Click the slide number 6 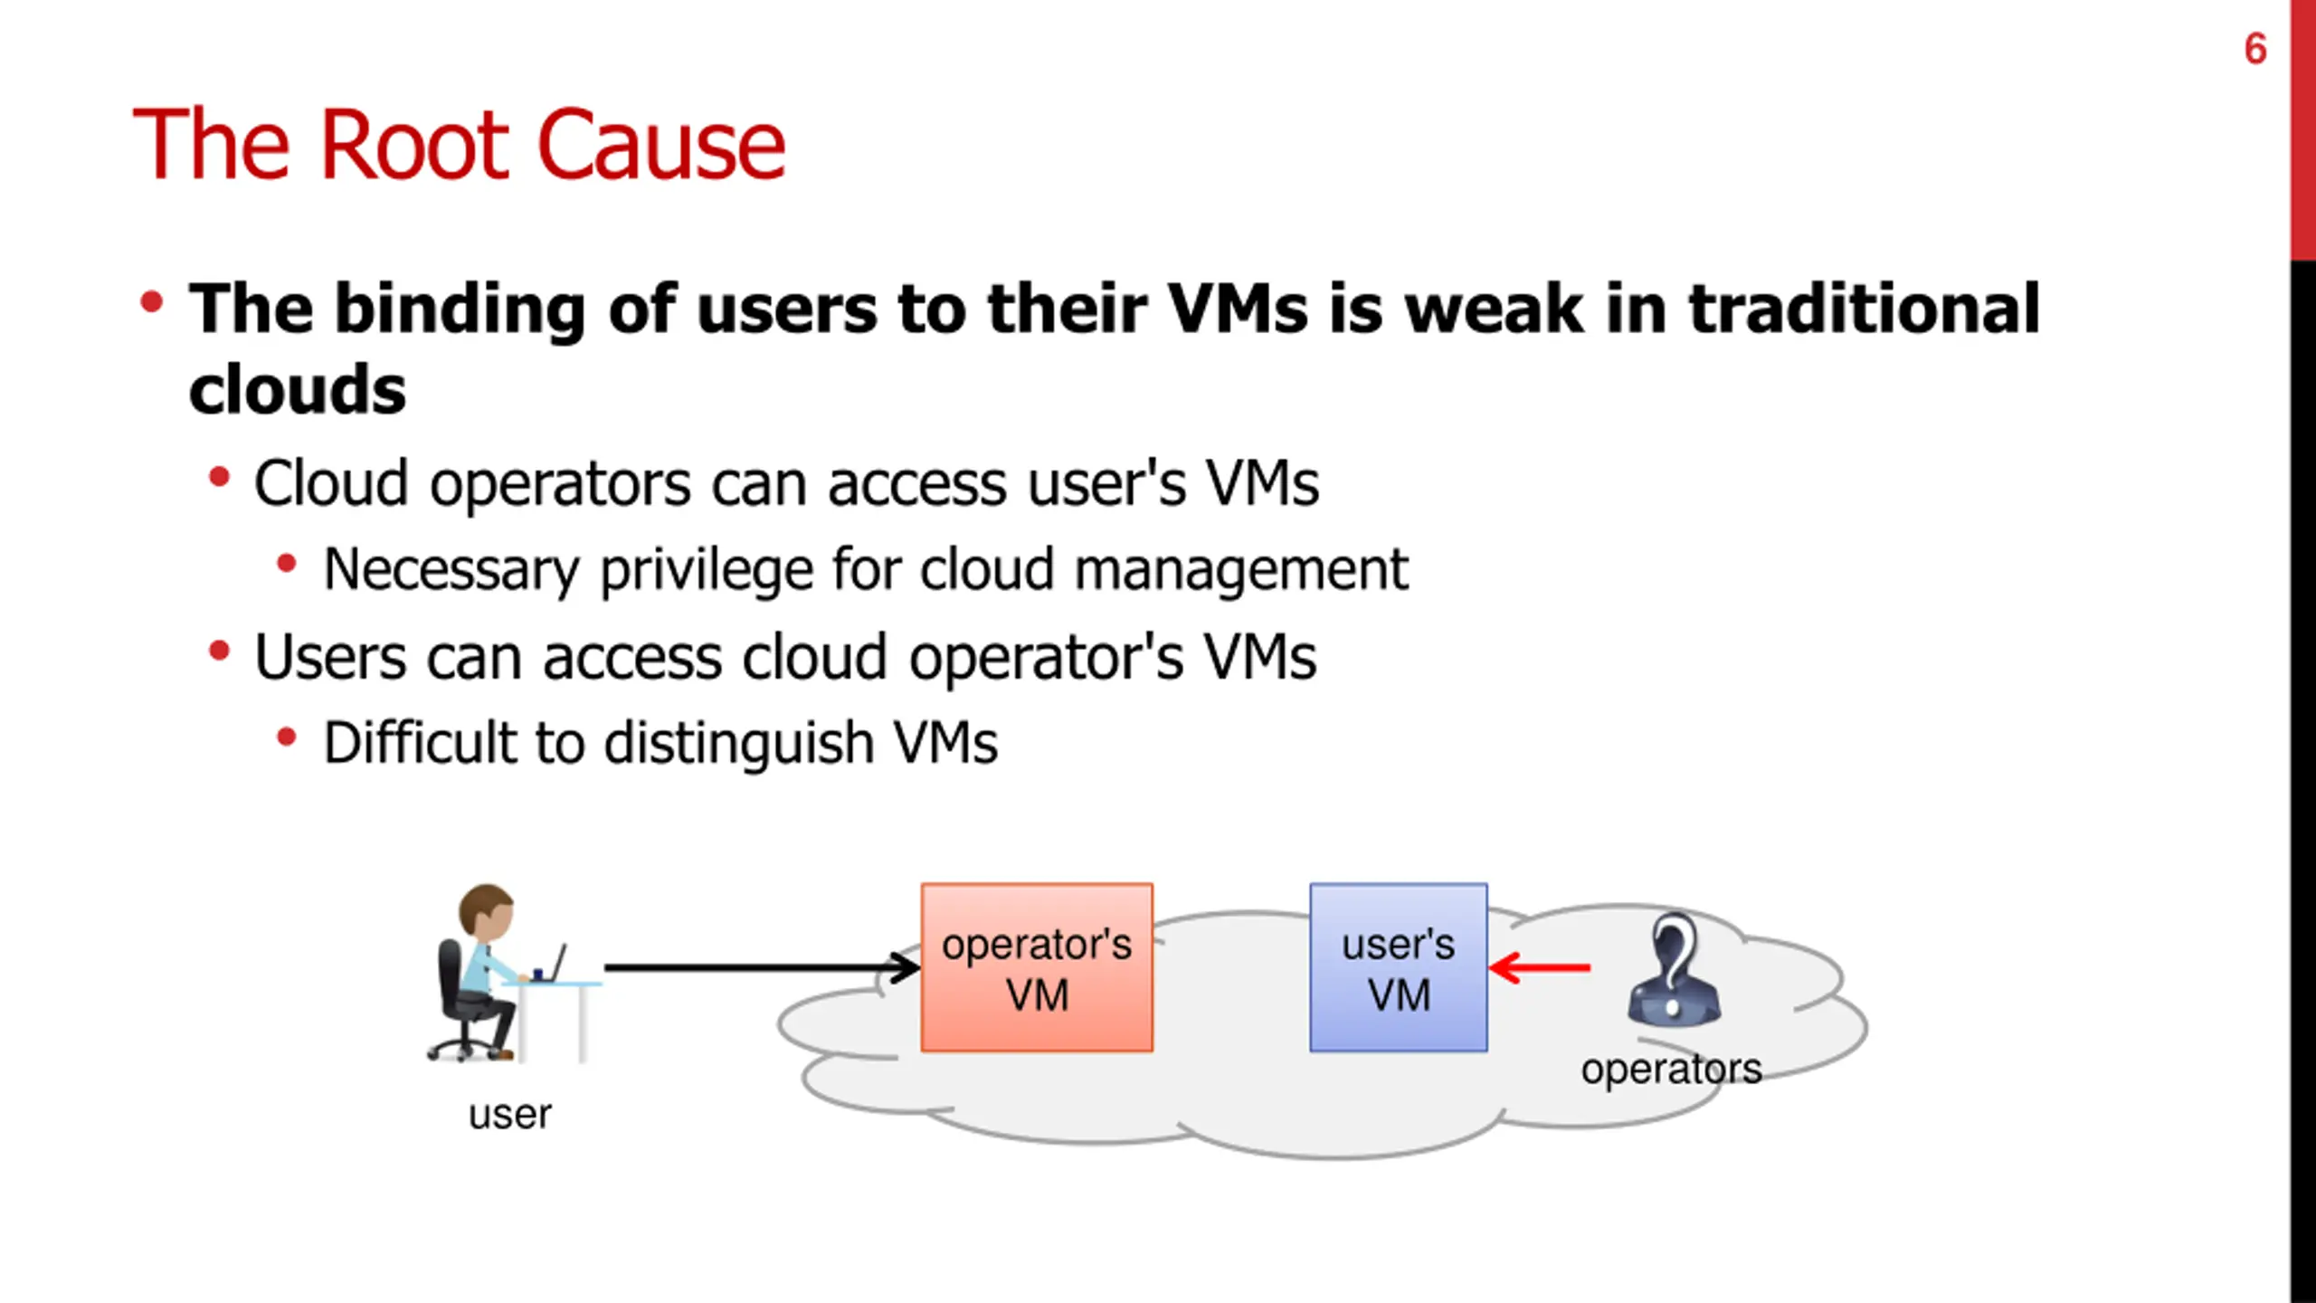[x=2255, y=49]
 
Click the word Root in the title [x=415, y=145]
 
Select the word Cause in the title [x=661, y=145]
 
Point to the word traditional [x=1864, y=309]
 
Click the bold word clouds [x=298, y=390]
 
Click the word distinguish [x=738, y=745]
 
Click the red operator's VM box [x=1037, y=967]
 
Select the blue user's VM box [x=1398, y=967]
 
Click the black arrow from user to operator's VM [x=760, y=967]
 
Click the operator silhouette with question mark [x=1674, y=970]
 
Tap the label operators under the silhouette [x=1671, y=1070]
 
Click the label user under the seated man [x=509, y=1115]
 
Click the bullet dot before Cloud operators [x=219, y=477]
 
